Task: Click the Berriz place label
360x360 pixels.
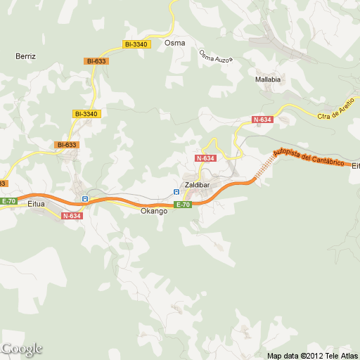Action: (25, 55)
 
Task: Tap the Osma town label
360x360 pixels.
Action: (174, 43)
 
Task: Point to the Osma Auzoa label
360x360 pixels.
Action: (214, 56)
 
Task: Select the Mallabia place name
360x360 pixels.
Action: (268, 80)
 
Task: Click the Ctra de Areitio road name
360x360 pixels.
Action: (335, 111)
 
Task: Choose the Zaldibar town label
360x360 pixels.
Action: (197, 185)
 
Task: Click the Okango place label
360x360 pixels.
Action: (154, 211)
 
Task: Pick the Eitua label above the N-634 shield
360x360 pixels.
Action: (36, 204)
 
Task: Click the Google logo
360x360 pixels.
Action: (22, 349)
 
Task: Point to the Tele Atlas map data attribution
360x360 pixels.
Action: (312, 354)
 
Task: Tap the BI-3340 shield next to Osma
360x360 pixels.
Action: (136, 44)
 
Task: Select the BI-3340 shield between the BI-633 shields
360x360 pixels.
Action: (86, 113)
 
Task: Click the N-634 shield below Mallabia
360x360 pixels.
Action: (262, 120)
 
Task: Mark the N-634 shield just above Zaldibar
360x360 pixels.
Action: (205, 158)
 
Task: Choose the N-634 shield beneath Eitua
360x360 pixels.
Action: (72, 216)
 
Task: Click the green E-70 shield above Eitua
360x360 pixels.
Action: (8, 201)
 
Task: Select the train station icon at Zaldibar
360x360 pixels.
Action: (176, 191)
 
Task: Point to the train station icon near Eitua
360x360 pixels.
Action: (84, 199)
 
